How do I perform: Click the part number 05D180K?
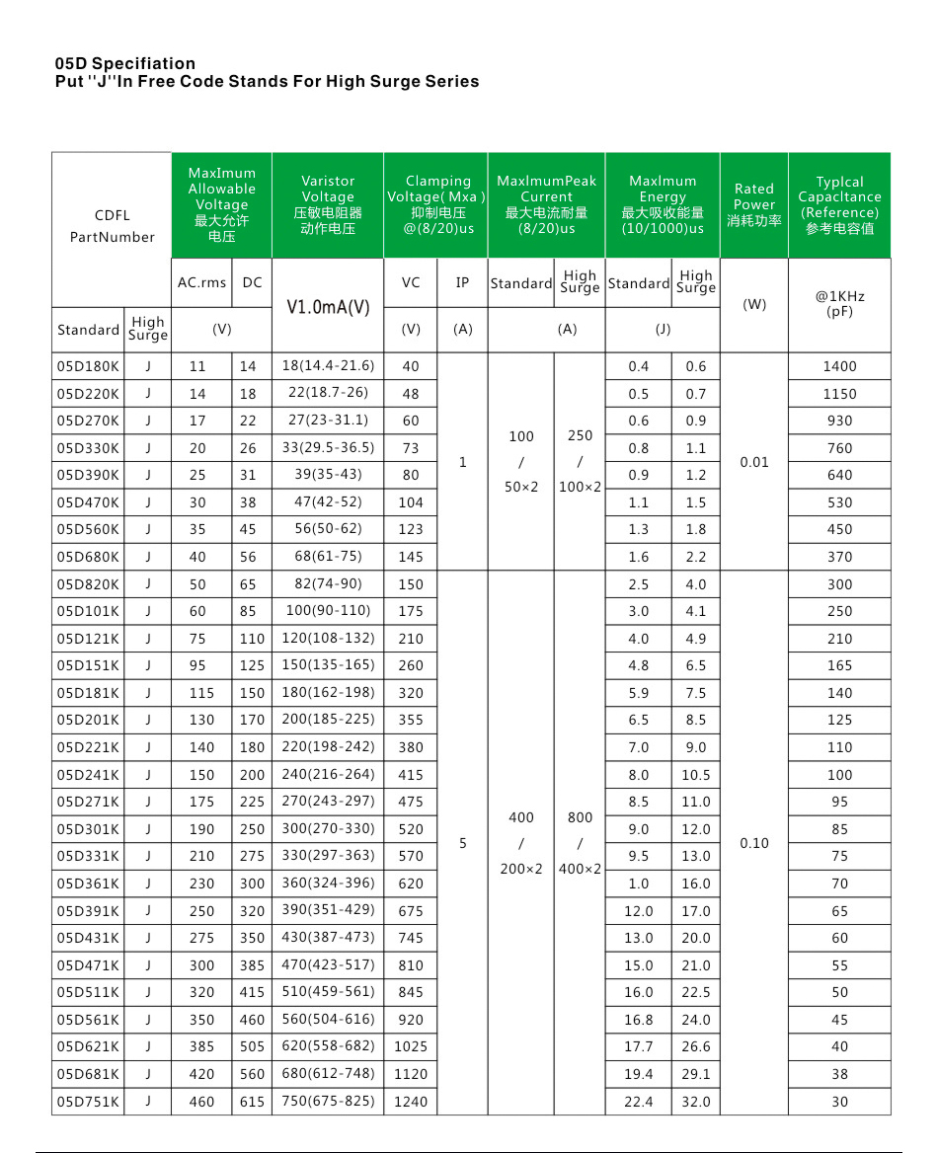tap(88, 366)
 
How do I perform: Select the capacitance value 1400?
tap(839, 366)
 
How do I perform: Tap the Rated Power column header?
tap(754, 204)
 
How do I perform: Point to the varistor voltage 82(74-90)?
tap(328, 583)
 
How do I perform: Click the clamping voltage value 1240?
tap(411, 1102)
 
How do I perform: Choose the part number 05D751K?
tap(88, 1102)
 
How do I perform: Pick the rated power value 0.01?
tap(754, 462)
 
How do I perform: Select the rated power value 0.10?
tap(754, 843)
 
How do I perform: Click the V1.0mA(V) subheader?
tap(328, 306)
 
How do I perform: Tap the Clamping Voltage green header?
tap(435, 204)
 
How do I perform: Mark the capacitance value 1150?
tap(839, 394)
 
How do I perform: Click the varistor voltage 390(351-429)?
tap(328, 910)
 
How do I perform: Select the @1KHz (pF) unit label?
tap(839, 304)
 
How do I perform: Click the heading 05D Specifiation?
tap(125, 64)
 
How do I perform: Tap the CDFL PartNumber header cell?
tap(112, 226)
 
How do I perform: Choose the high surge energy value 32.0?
tap(696, 1102)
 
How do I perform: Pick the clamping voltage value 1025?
tap(411, 1046)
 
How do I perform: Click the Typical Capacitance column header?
tap(839, 204)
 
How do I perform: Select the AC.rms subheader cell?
tap(201, 282)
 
